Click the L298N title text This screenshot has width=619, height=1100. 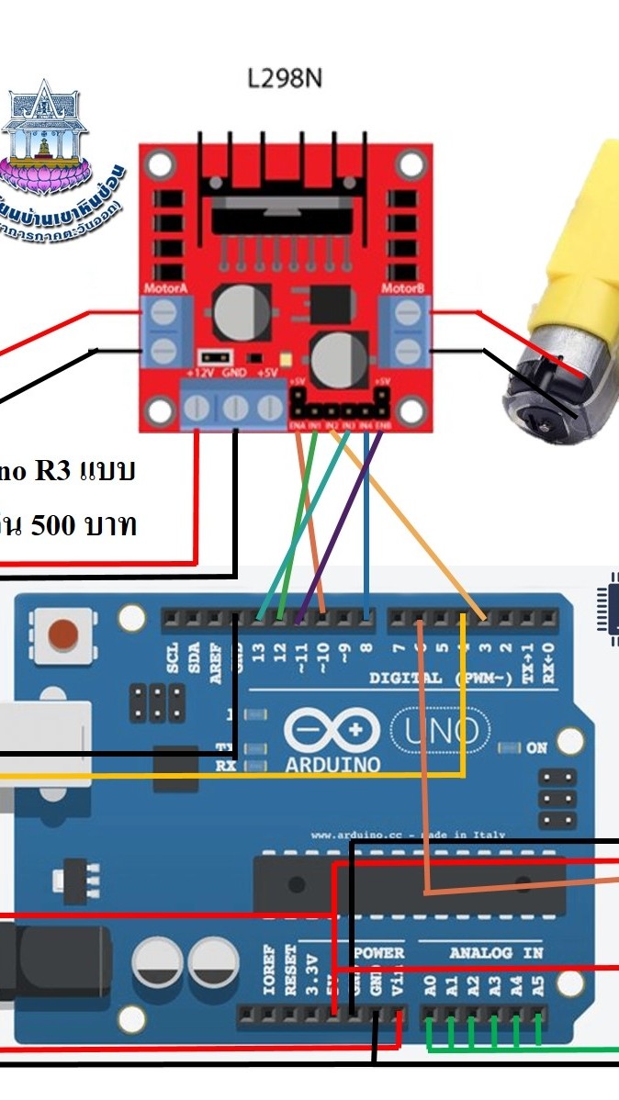(285, 79)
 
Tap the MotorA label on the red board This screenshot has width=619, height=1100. (166, 289)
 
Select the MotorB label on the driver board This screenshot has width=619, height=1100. (404, 289)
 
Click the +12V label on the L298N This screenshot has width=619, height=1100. (200, 374)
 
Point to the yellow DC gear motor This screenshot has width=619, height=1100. (569, 294)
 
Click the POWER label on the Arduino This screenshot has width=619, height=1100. (379, 953)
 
